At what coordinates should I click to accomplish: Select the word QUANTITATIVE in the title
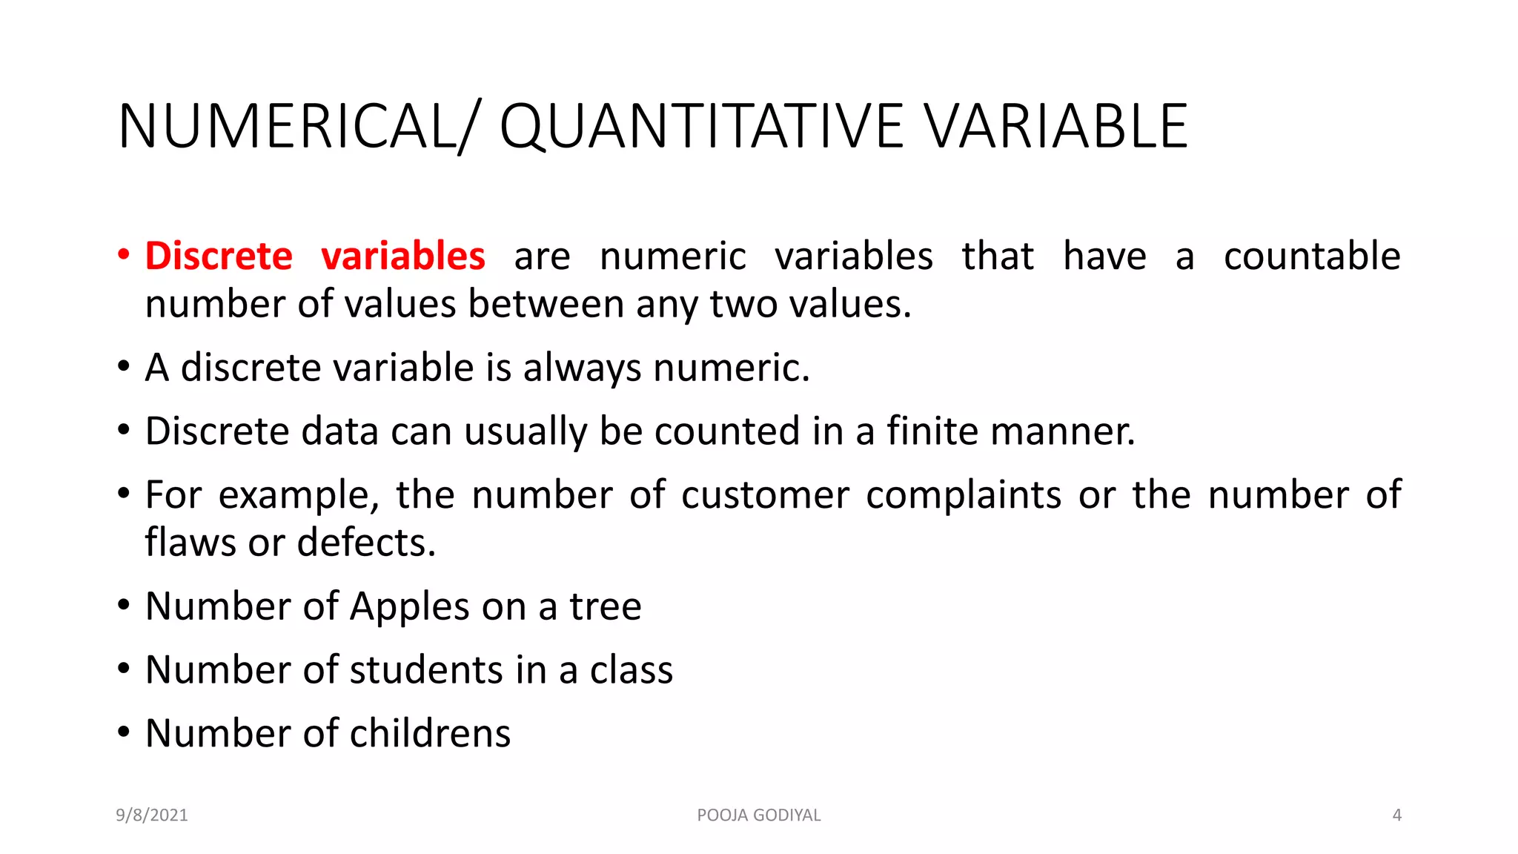(x=700, y=126)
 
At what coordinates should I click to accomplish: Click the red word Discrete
(x=219, y=256)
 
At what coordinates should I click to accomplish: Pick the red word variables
(x=403, y=256)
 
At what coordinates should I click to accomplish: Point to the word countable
(x=1312, y=256)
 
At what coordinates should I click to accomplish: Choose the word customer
(x=765, y=496)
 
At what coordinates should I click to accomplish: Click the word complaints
(x=964, y=496)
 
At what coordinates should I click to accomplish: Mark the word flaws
(x=190, y=543)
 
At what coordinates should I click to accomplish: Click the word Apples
(x=410, y=607)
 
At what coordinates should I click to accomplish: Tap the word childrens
(x=430, y=734)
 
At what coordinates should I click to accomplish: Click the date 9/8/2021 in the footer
(x=152, y=815)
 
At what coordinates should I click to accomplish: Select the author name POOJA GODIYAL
(x=759, y=815)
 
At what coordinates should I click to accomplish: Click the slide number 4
(x=1397, y=815)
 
